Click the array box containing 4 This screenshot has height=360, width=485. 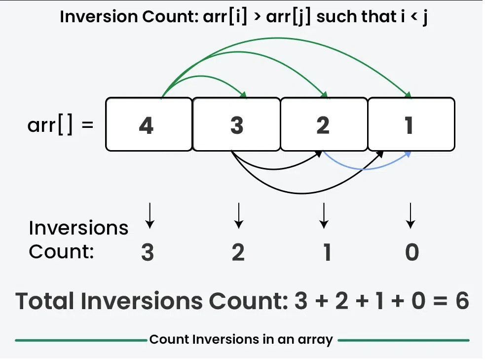[149, 124]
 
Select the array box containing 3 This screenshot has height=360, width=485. [236, 124]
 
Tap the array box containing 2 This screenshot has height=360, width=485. [323, 124]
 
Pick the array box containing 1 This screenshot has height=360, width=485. [410, 124]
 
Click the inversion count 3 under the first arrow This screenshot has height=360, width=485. [147, 252]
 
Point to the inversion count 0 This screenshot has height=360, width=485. [411, 252]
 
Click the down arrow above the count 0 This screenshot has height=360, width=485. [410, 216]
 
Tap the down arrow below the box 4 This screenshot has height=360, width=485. [149, 216]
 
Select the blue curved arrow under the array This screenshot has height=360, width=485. [365, 168]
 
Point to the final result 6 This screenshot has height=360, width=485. [462, 301]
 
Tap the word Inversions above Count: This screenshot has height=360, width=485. [78, 228]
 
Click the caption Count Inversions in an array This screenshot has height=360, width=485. [241, 340]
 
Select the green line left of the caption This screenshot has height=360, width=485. [79, 340]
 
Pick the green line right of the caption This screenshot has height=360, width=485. [404, 340]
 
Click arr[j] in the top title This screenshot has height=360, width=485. [289, 17]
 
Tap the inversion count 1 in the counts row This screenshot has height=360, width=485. [326, 252]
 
